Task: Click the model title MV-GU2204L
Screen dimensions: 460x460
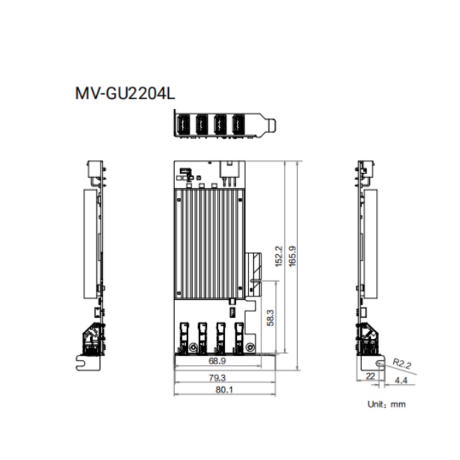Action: (125, 93)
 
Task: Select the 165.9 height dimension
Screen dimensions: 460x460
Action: (292, 256)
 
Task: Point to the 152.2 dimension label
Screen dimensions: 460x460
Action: (278, 256)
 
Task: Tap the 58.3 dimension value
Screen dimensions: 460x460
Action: (270, 318)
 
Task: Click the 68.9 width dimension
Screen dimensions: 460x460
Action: (217, 361)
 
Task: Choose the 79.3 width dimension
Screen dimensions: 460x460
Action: (217, 378)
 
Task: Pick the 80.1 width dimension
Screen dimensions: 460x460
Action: (224, 390)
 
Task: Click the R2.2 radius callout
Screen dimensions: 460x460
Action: (402, 364)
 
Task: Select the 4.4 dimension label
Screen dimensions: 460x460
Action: (401, 380)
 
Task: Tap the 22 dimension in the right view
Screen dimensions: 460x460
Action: (370, 376)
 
